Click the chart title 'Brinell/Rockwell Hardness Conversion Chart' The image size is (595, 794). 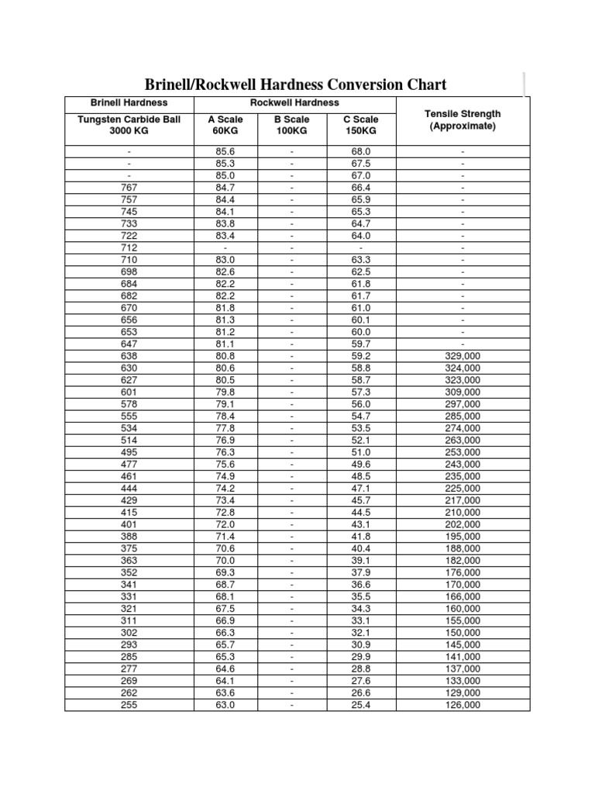click(x=297, y=85)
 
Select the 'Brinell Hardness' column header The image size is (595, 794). click(x=129, y=102)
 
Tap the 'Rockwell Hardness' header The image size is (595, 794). click(x=294, y=102)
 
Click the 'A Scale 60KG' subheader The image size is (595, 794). click(x=225, y=125)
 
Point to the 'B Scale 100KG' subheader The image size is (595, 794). click(x=292, y=125)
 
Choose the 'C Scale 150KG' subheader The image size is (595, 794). click(x=361, y=125)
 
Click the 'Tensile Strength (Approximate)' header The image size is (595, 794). click(x=463, y=120)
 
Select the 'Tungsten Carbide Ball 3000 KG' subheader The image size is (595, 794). click(x=129, y=125)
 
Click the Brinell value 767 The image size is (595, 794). click(x=129, y=187)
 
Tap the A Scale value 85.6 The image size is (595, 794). click(x=225, y=151)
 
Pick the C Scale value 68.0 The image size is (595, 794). click(x=361, y=151)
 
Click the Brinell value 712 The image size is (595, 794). click(x=129, y=247)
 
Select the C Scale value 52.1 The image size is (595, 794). click(x=361, y=440)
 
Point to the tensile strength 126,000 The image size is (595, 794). click(x=463, y=705)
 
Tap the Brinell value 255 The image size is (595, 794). click(x=129, y=705)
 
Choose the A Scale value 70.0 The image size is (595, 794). click(x=225, y=561)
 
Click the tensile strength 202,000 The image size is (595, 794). click(x=463, y=525)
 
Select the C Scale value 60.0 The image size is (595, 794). click(x=361, y=332)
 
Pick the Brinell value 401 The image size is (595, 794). click(x=129, y=525)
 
